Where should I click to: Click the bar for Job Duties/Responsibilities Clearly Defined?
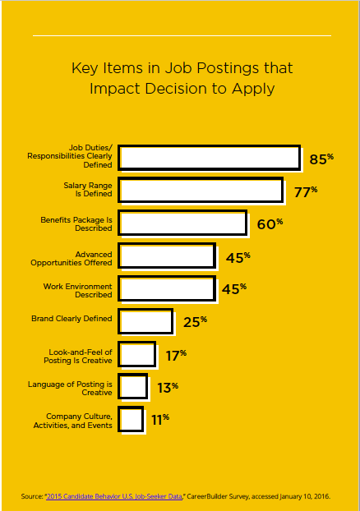pos(210,157)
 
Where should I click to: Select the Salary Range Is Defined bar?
pos(201,190)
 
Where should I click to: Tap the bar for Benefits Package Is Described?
pos(182,223)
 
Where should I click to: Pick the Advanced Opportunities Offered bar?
pos(168,256)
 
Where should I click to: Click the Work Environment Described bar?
pos(167,288)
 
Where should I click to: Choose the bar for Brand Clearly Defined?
pos(146,321)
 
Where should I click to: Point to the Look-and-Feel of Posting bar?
pos(137,354)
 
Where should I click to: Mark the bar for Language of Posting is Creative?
pos(133,386)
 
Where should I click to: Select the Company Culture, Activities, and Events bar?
pos(131,419)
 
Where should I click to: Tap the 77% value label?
pos(306,192)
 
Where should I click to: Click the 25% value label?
pos(195,321)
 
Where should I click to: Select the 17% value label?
pos(174,355)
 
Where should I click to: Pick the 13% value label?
pos(167,387)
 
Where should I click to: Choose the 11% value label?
pos(159,419)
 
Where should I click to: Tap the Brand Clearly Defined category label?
pos(72,318)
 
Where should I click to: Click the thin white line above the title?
pos(181,35)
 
